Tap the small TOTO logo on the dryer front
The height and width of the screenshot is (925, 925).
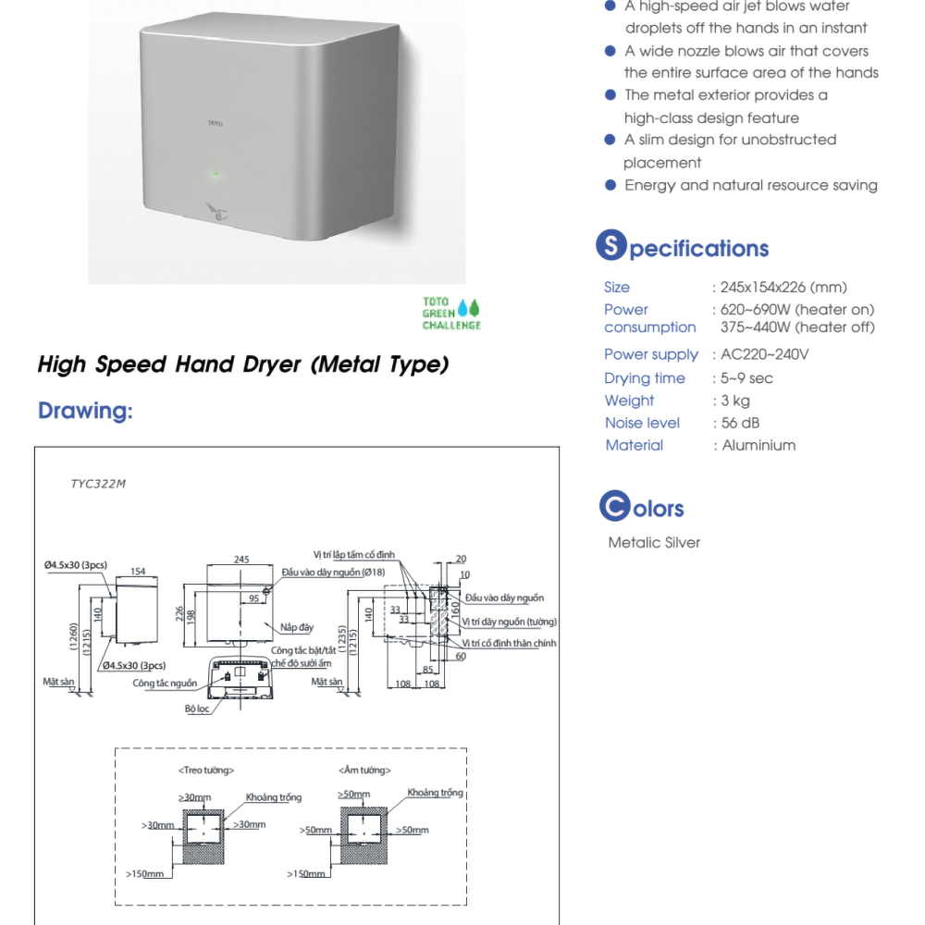click(x=216, y=121)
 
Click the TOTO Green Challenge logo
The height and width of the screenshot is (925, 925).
click(x=451, y=314)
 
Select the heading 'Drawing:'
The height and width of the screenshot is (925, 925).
click(x=85, y=411)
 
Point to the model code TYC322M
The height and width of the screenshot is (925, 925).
click(x=98, y=483)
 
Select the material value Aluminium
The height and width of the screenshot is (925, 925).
click(x=758, y=445)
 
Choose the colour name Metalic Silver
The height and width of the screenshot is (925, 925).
click(x=654, y=542)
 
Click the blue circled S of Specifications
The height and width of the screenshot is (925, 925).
click(x=610, y=245)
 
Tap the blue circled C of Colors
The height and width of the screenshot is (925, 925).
click(x=613, y=506)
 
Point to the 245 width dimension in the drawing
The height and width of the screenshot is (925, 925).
click(x=241, y=560)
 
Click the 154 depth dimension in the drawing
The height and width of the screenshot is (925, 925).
click(x=138, y=571)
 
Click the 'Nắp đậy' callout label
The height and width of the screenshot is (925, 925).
click(x=297, y=628)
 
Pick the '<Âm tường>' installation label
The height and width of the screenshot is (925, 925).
click(x=364, y=770)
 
